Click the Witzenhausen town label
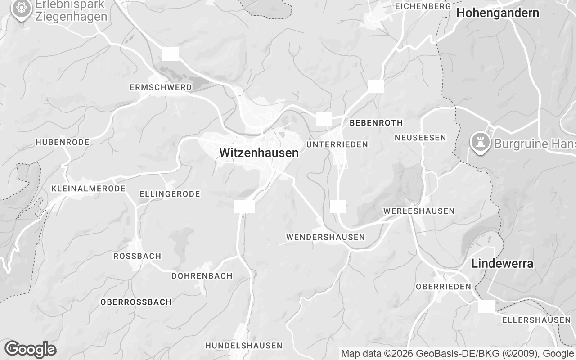259,153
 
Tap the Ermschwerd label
160,87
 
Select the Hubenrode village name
63,142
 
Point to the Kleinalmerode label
89,189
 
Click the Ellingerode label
170,194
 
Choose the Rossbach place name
137,256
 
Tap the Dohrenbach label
202,276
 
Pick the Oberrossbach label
136,302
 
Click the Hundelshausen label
244,346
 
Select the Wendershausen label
325,237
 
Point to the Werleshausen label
419,211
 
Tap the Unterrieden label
337,144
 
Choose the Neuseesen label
420,138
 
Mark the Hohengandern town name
498,13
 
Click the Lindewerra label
502,264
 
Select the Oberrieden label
443,287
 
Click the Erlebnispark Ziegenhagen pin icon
21,9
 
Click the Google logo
30,349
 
